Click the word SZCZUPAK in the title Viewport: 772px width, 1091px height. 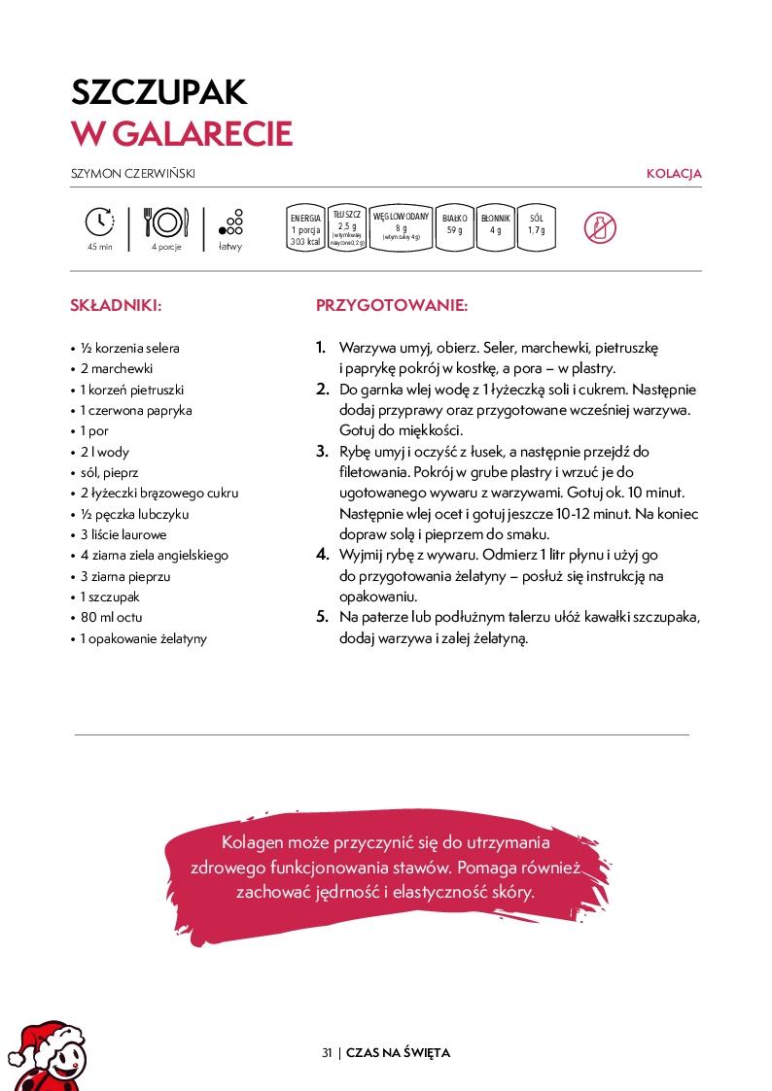pyautogui.click(x=159, y=92)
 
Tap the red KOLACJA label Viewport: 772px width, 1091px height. pyautogui.click(x=674, y=174)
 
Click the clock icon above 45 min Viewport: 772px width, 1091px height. pyautogui.click(x=100, y=222)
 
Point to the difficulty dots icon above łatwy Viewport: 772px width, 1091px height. pyautogui.click(x=231, y=222)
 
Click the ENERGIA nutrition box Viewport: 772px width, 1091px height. pyautogui.click(x=305, y=230)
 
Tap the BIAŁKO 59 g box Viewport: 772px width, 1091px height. pyautogui.click(x=454, y=228)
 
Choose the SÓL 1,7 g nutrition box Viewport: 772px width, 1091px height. pyautogui.click(x=536, y=228)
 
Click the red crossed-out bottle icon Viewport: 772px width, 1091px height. pyautogui.click(x=600, y=228)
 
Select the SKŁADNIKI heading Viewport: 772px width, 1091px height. pyautogui.click(x=116, y=305)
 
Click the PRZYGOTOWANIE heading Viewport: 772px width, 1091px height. pyautogui.click(x=392, y=305)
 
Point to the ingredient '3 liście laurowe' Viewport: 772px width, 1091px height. pyautogui.click(x=123, y=534)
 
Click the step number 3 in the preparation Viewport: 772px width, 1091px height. pyautogui.click(x=322, y=451)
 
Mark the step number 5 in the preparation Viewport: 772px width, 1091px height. pyautogui.click(x=322, y=617)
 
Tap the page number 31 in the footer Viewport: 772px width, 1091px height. pyautogui.click(x=327, y=1052)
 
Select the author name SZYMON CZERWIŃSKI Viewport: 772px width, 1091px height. pyautogui.click(x=140, y=174)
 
